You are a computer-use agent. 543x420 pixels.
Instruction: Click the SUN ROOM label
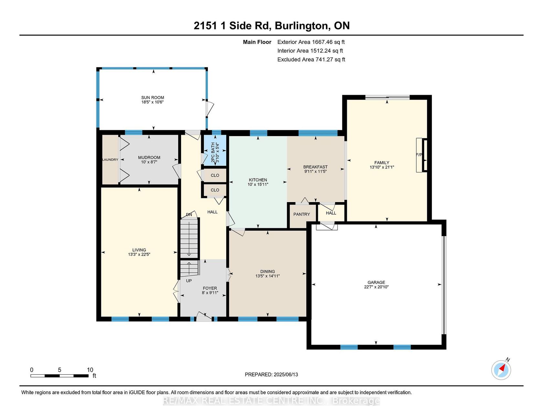point(153,98)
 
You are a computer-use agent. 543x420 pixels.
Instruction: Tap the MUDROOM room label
point(149,157)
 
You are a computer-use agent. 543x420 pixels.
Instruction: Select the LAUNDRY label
point(110,160)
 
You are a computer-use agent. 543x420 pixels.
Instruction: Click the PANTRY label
point(302,214)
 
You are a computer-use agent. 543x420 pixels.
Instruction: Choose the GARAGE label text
point(376,282)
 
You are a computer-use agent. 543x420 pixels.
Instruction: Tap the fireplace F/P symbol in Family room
point(419,155)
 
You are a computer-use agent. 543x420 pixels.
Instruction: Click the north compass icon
point(501,370)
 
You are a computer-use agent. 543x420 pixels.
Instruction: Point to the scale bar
point(59,376)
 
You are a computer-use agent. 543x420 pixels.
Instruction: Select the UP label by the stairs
point(189,281)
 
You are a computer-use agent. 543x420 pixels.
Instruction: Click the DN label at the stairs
point(189,215)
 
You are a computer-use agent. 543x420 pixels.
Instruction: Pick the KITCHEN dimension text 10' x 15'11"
point(258,184)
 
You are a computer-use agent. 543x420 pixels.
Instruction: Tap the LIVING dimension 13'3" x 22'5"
point(139,254)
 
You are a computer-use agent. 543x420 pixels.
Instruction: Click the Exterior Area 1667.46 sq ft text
point(311,42)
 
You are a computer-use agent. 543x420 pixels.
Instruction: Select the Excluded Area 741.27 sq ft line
point(311,59)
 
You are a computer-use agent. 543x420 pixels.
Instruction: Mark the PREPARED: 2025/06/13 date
point(271,374)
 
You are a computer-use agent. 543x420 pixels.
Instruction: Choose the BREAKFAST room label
point(315,167)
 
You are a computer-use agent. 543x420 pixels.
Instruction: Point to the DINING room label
point(268,272)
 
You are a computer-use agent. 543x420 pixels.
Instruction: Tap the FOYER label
point(210,288)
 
